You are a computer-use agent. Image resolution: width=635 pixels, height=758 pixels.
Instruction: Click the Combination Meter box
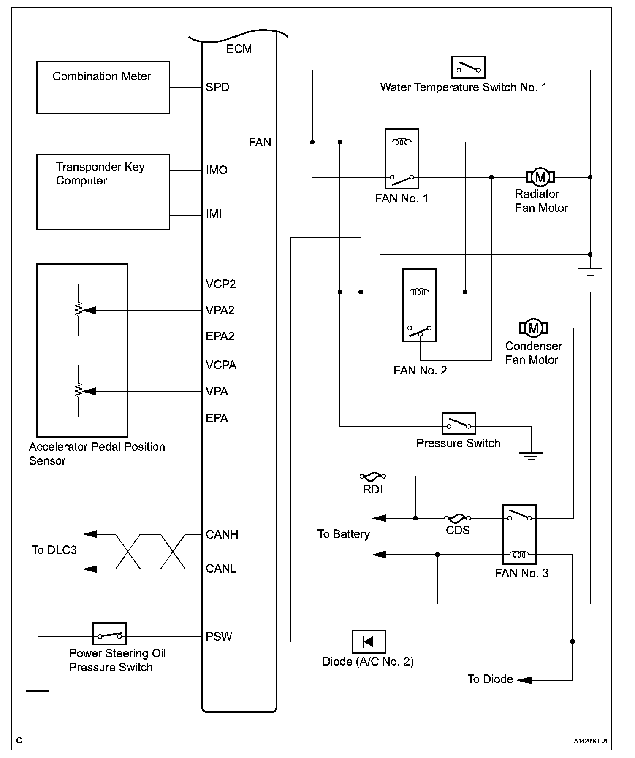[x=103, y=87]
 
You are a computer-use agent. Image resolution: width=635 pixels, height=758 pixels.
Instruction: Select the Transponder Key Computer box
[x=103, y=192]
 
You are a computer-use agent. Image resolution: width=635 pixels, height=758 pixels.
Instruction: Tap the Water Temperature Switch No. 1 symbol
[x=468, y=68]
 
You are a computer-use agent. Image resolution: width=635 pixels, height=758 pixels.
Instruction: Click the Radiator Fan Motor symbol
[x=540, y=177]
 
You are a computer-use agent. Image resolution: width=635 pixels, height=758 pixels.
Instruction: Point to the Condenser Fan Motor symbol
[x=534, y=328]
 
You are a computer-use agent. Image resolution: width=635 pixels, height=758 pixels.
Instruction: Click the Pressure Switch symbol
[x=459, y=424]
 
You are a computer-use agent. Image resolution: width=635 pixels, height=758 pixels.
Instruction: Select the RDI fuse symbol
[x=373, y=476]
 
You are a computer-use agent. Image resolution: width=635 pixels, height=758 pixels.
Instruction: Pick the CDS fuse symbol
[x=457, y=518]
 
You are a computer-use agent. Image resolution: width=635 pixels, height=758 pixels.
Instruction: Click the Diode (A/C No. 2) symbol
[x=369, y=642]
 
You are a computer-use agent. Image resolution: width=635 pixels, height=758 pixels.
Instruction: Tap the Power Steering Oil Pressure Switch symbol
[x=110, y=634]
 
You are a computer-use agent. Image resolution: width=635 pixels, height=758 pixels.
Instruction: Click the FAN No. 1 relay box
[x=402, y=159]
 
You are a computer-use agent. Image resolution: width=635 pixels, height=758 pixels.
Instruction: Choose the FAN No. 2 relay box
[x=419, y=305]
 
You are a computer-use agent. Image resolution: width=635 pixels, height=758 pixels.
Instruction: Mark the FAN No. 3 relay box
[x=519, y=534]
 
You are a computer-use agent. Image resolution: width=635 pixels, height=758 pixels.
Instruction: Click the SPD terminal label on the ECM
[x=217, y=87]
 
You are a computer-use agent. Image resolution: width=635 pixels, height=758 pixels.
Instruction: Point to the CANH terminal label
[x=222, y=535]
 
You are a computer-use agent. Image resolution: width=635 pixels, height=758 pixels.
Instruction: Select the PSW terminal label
[x=219, y=636]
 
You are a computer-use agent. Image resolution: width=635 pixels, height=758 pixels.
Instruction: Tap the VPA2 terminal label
[x=220, y=311]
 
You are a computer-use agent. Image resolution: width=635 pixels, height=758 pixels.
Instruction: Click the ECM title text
[x=239, y=49]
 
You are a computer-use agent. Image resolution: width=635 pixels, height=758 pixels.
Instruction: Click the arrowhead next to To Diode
[x=524, y=680]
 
